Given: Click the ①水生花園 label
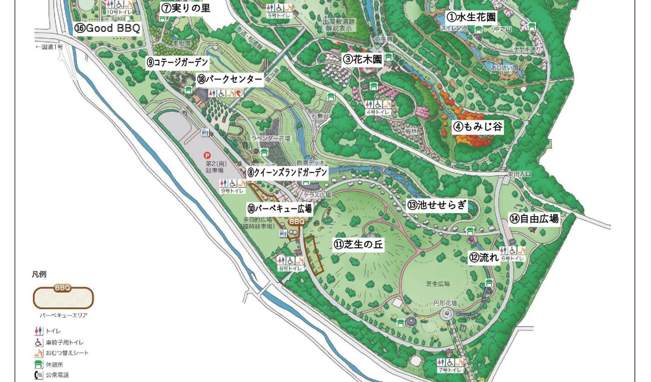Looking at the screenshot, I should [471, 18].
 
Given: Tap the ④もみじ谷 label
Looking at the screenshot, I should [478, 127].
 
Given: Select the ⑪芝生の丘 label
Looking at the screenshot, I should [358, 244].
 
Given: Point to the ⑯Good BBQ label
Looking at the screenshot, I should [107, 28].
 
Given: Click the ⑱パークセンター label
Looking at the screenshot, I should [229, 79].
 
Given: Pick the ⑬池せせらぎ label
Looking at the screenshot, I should [437, 206].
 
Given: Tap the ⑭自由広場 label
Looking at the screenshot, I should [534, 219].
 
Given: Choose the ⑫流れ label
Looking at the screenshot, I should [484, 258].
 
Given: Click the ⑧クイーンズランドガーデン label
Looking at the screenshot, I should [287, 172].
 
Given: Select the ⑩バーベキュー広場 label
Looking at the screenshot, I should [279, 209].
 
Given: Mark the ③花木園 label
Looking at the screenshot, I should [362, 59].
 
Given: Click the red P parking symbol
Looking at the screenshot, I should [207, 155].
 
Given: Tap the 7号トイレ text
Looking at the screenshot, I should [449, 370].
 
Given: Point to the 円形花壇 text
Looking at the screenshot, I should [445, 303].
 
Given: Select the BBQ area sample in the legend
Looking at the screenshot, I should [63, 297].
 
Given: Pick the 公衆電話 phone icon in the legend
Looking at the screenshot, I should [39, 375].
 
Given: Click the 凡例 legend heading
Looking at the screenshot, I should [39, 274].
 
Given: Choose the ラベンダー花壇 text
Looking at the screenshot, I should [271, 139].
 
